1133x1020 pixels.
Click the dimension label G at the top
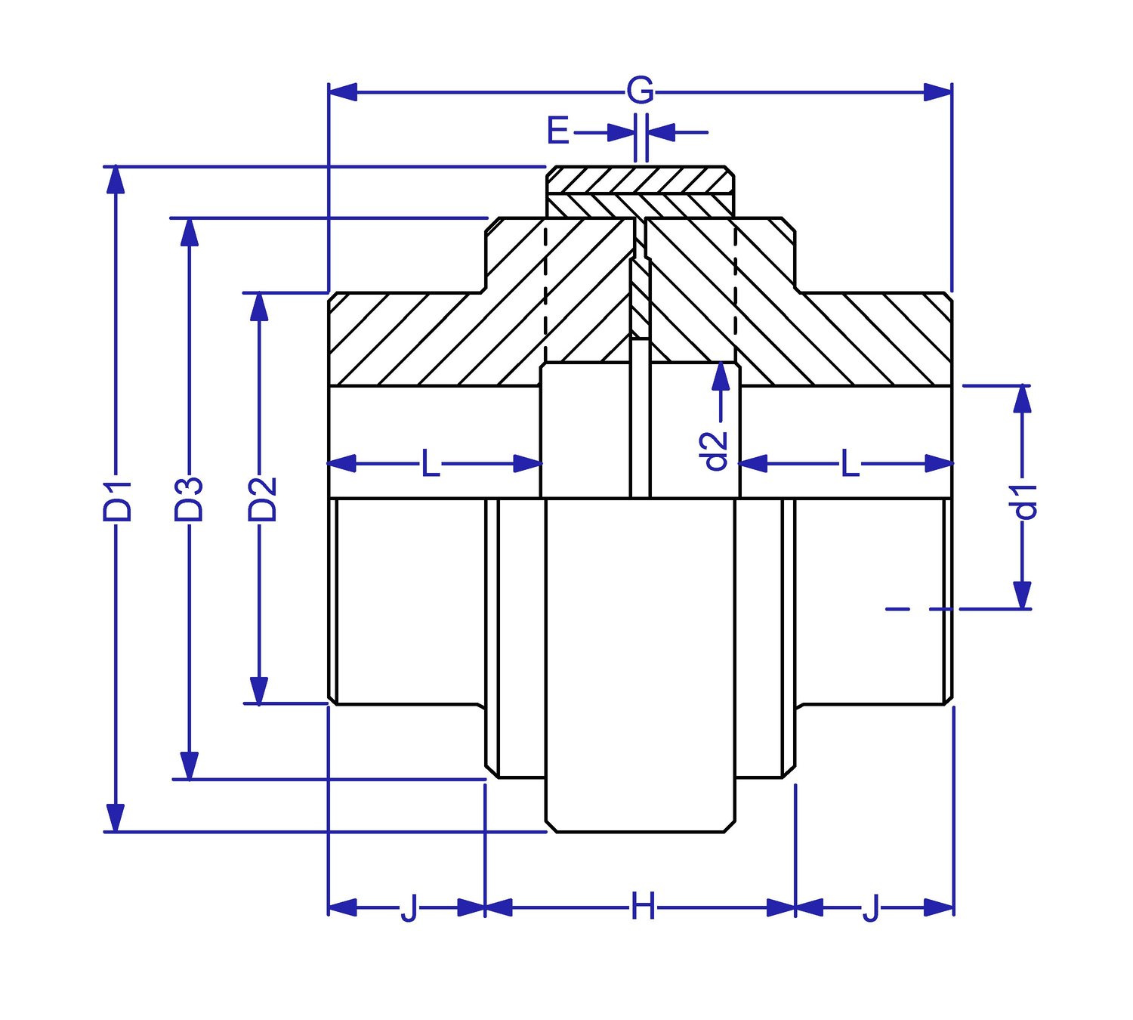(x=640, y=91)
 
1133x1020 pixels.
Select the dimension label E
(x=557, y=131)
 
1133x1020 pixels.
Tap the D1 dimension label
(x=117, y=499)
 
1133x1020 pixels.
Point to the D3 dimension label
(x=189, y=499)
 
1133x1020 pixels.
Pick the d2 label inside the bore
(x=715, y=450)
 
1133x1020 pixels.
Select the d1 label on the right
(x=1026, y=501)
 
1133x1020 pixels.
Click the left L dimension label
(x=430, y=463)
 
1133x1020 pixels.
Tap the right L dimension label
(x=850, y=463)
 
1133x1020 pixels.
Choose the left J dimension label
(x=408, y=907)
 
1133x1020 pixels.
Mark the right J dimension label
(x=871, y=907)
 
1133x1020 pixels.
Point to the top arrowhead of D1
(x=115, y=178)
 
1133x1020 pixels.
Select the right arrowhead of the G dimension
(x=938, y=92)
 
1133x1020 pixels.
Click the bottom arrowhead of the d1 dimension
(x=1022, y=595)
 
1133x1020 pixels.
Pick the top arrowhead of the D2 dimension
(x=259, y=306)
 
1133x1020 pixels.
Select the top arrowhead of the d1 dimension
(x=1022, y=398)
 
